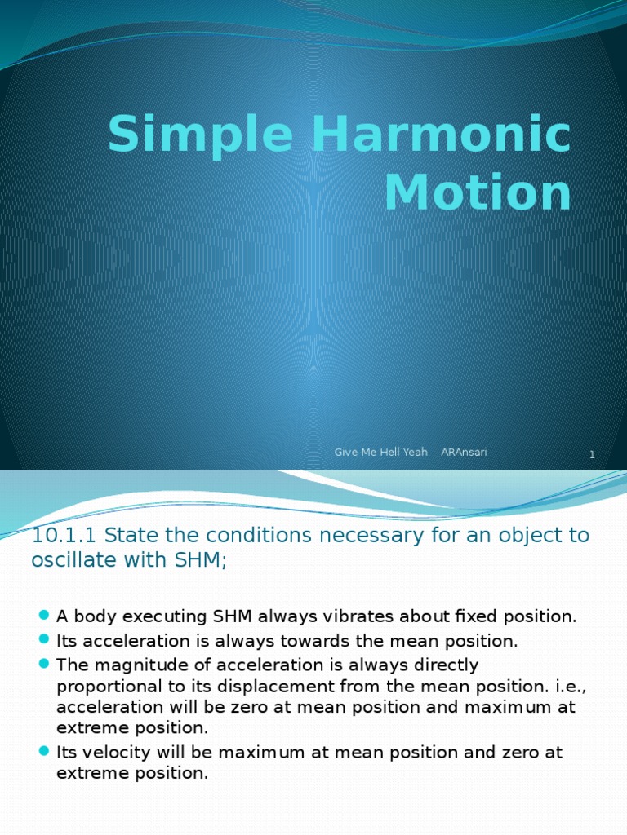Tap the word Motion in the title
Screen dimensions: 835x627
(x=478, y=193)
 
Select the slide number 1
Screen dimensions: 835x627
(x=592, y=455)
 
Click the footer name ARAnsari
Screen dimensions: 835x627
(x=464, y=452)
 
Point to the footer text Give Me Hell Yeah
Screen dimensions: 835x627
(x=380, y=452)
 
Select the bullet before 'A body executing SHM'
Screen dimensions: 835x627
(x=44, y=616)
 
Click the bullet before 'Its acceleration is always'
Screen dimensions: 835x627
(x=44, y=641)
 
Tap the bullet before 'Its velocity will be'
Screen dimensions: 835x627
(x=44, y=752)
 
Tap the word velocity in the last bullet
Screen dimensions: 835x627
(x=109, y=752)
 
